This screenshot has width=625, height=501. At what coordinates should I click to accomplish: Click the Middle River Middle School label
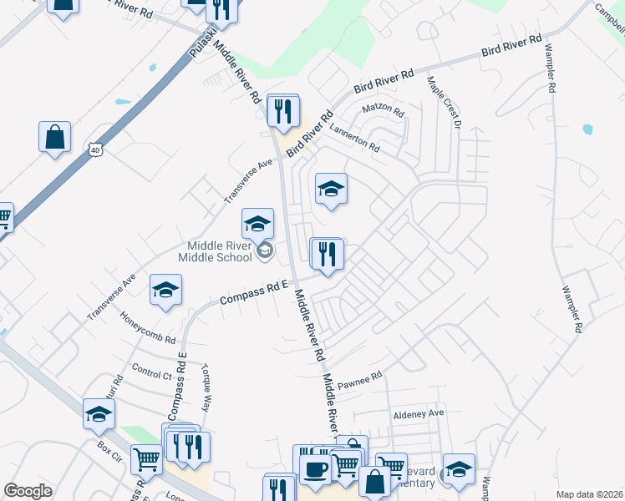[216, 250]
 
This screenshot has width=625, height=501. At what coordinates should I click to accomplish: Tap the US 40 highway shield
[96, 149]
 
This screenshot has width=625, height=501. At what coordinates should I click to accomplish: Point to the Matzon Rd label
[383, 110]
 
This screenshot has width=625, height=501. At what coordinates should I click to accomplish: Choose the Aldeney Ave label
[419, 413]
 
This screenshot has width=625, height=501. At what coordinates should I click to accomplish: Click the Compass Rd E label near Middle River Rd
[253, 292]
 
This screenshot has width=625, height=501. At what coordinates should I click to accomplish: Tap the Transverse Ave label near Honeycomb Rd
[110, 297]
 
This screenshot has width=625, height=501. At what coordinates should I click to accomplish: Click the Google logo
[28, 491]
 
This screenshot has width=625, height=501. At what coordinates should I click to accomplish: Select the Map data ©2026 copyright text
[589, 494]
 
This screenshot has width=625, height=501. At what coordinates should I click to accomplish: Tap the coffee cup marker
[315, 468]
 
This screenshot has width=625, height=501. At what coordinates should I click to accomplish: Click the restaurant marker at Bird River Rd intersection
[283, 110]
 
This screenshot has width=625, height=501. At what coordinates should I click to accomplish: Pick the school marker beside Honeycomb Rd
[165, 291]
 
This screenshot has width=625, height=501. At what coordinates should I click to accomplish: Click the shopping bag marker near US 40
[54, 137]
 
